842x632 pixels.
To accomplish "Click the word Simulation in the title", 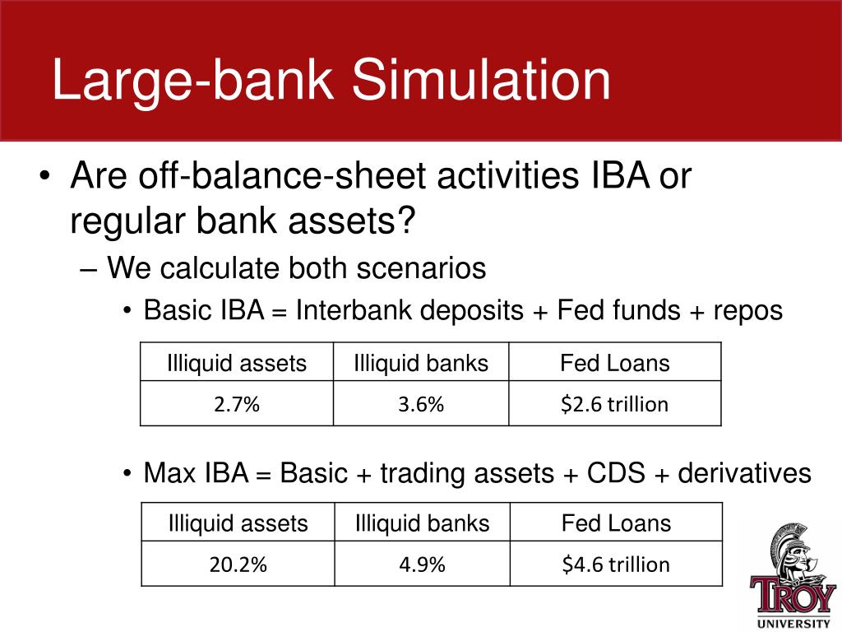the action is pos(481,80).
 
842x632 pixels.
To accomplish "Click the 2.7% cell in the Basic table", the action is pos(237,403).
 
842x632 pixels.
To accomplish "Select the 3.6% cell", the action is pos(421,403).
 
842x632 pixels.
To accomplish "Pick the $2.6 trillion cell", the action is pos(615,403).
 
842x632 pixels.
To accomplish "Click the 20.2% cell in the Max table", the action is pos(238,564).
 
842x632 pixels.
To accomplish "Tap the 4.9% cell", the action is pos(422,564).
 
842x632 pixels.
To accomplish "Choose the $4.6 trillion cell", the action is pos(616,564).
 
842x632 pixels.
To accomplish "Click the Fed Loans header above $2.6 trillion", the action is pos(615,363).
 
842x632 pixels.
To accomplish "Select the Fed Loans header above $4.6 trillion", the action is pos(616,523).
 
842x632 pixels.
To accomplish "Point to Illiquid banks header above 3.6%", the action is pos(421,363).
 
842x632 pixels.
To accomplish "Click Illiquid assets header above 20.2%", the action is pos(238,523).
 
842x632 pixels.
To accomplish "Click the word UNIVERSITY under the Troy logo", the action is pos(793,624).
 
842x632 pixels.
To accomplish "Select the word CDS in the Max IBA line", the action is pos(616,473).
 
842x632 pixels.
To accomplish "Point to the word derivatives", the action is pos(744,473).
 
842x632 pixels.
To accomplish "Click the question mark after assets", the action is pos(405,220).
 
